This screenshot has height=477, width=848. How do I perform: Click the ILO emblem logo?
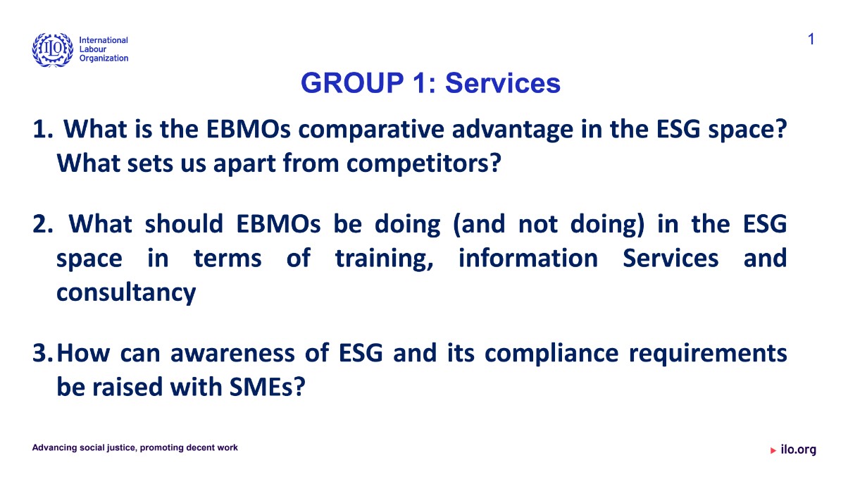[53, 49]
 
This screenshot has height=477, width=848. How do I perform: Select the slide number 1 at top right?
[811, 39]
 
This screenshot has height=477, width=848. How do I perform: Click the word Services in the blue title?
[503, 83]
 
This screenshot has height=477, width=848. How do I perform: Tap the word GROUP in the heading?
[352, 83]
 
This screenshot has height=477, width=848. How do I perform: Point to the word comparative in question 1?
[371, 130]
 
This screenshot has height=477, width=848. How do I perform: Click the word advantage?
[513, 130]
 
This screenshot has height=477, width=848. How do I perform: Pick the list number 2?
[42, 224]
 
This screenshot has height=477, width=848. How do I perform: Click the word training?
[384, 259]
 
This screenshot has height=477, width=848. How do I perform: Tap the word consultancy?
[126, 293]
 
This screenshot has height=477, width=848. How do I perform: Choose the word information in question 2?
[528, 258]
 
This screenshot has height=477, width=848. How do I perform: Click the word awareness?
[232, 354]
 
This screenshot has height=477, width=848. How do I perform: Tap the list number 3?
[42, 353]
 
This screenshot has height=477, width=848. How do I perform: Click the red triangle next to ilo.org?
[773, 450]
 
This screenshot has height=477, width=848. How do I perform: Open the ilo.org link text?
[799, 450]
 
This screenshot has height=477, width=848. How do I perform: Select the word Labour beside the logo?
[93, 49]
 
